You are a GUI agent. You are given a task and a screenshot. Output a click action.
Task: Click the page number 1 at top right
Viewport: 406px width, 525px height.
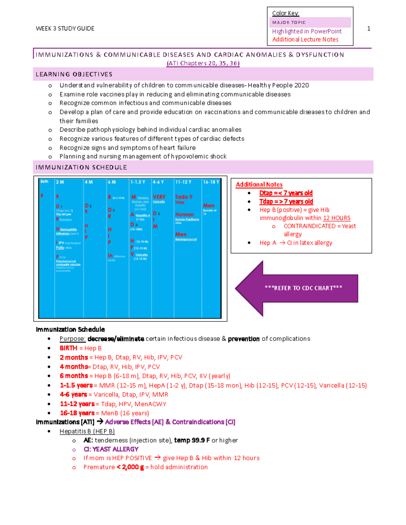[368, 29]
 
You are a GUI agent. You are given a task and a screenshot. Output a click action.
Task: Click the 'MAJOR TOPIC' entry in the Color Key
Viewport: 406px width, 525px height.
[289, 23]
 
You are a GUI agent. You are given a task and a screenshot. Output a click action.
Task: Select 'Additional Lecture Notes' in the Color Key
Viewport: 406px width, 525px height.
[305, 40]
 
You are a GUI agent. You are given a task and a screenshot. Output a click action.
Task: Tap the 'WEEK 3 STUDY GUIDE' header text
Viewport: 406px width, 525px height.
[65, 29]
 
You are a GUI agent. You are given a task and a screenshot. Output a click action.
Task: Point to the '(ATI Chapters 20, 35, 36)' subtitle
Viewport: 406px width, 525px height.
[203, 63]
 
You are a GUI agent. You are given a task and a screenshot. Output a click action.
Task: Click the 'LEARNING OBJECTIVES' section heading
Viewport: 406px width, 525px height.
[74, 74]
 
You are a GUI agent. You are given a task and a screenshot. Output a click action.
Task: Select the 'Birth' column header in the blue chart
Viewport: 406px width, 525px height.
[44, 182]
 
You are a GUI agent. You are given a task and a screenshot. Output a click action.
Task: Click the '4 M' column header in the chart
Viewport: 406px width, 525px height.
[89, 182]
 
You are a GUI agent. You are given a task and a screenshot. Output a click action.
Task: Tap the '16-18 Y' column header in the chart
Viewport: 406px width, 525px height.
[211, 182]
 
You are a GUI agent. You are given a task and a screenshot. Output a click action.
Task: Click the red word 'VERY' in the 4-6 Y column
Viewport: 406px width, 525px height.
[159, 197]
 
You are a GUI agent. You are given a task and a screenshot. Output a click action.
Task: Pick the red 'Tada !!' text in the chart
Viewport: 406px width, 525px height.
[184, 197]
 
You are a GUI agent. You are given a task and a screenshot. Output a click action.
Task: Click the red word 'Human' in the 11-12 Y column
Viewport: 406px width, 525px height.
[184, 214]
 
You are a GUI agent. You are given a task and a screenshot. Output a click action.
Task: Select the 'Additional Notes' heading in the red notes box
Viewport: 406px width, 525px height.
[259, 185]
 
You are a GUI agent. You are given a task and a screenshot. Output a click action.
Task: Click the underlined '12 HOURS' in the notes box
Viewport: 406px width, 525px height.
[337, 218]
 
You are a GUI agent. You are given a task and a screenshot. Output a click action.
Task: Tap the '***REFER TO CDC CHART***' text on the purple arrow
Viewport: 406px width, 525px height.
[303, 288]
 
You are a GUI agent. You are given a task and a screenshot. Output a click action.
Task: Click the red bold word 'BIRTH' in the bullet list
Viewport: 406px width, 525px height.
[68, 348]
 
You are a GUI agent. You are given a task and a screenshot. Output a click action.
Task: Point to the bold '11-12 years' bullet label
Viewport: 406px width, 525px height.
[77, 404]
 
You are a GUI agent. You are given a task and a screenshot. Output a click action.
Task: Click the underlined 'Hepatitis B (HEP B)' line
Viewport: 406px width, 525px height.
[87, 431]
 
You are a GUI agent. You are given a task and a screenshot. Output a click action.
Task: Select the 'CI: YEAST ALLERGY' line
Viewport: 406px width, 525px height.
[111, 449]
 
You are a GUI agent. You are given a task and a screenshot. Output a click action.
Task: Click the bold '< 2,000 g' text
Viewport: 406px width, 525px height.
[130, 467]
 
